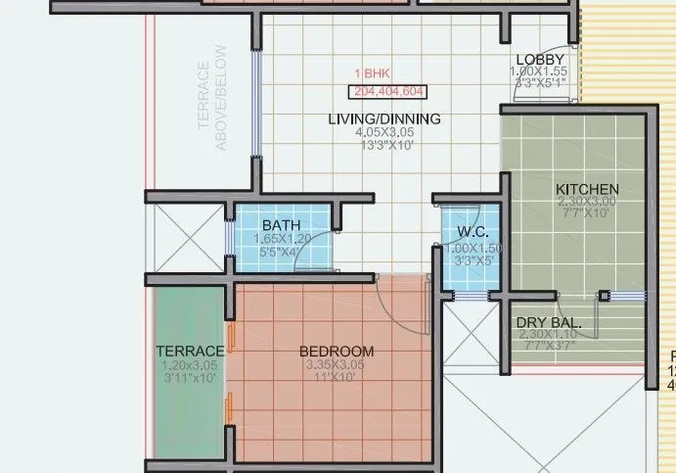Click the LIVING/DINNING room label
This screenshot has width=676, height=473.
(383, 118)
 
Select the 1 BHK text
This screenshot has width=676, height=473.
(372, 73)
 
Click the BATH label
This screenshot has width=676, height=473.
(281, 225)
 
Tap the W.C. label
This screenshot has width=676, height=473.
(473, 233)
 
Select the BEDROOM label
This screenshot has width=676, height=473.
(337, 351)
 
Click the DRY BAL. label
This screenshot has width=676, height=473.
(549, 322)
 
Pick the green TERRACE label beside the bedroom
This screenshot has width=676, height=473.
(190, 351)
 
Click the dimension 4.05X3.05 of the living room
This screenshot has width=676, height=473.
(383, 132)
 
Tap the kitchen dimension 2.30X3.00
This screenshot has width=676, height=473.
(587, 202)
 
